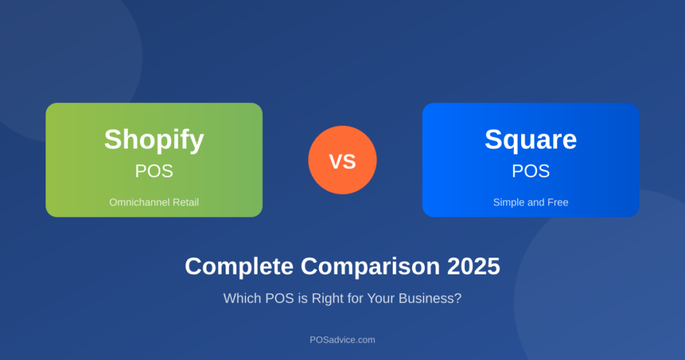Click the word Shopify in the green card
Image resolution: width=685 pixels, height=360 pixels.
(x=154, y=139)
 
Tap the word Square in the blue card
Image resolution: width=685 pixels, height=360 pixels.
(x=530, y=139)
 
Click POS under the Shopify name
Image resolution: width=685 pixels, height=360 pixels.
(x=154, y=171)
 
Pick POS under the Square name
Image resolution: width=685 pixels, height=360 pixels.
(x=530, y=171)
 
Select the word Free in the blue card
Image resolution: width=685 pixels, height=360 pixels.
(x=557, y=202)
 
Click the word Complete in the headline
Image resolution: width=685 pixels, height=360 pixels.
(x=239, y=266)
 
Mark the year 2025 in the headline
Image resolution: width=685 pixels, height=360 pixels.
(x=474, y=266)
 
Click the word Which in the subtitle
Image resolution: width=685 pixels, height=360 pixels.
(x=241, y=298)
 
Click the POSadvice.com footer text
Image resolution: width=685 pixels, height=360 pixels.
(x=342, y=340)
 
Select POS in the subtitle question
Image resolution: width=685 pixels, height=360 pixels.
(x=276, y=298)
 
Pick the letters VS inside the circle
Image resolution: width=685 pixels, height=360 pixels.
(x=342, y=161)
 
